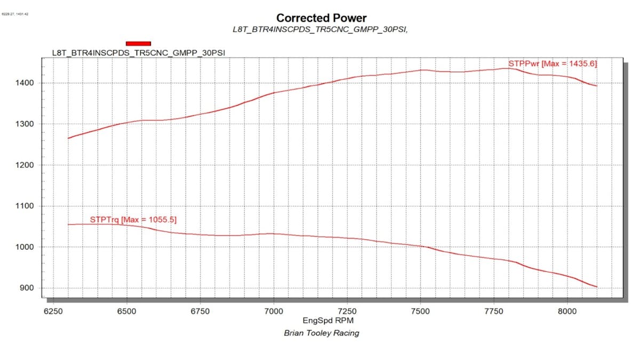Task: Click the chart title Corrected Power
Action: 321,18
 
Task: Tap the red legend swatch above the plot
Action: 138,44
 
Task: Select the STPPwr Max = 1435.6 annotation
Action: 552,63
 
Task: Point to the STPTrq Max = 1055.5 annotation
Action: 133,219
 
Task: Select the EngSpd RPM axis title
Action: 321,321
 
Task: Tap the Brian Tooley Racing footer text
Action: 321,333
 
